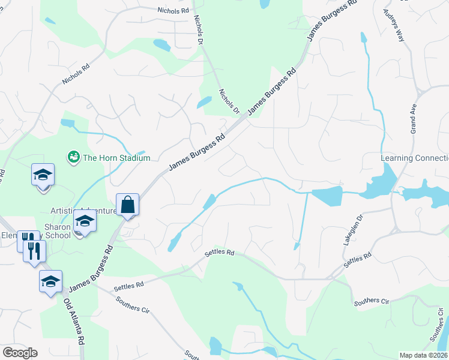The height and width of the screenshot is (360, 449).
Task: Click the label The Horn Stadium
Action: click(x=116, y=158)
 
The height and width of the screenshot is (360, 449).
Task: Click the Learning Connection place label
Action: click(x=415, y=158)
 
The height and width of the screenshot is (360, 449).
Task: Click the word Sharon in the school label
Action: click(x=58, y=227)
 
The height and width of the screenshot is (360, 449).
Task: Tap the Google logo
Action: click(x=20, y=353)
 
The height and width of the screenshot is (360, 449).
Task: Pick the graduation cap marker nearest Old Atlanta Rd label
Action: click(x=50, y=280)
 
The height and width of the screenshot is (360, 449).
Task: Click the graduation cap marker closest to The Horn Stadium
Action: click(x=43, y=175)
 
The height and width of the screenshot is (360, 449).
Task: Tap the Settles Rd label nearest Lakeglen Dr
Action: click(x=358, y=259)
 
